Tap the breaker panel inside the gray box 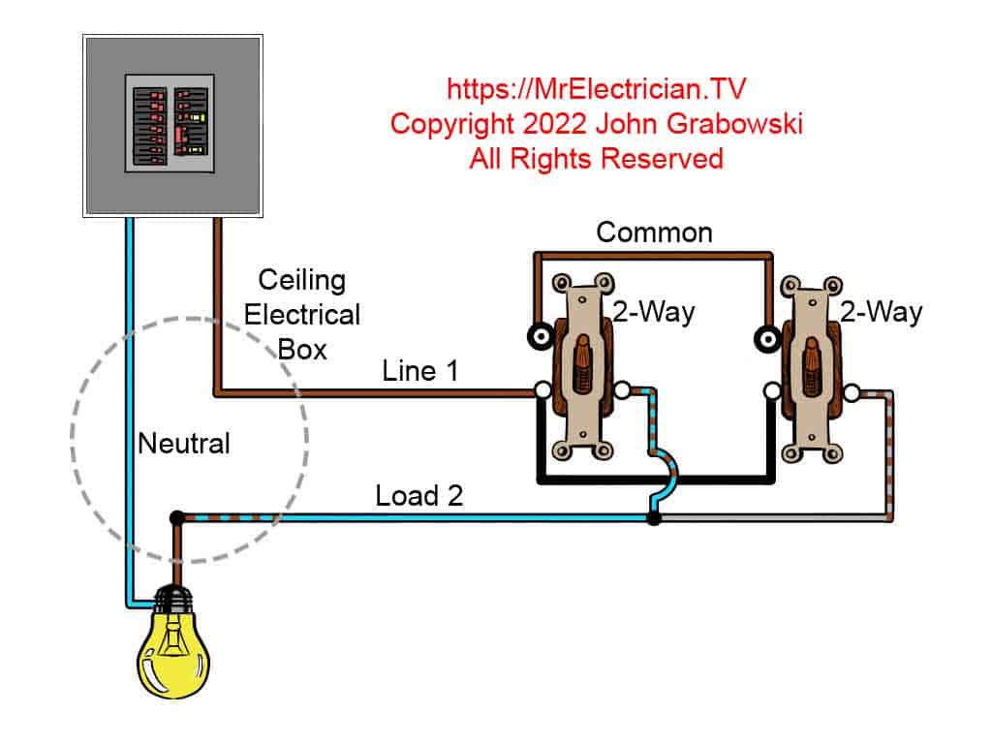tap(170, 123)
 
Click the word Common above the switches tap(654, 232)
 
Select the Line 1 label tap(419, 371)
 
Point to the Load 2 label tap(418, 495)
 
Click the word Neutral tap(183, 443)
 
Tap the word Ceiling tap(302, 281)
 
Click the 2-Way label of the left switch tap(654, 312)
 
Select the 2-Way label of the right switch tap(881, 312)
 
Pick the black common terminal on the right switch tap(768, 339)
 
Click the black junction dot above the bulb tap(177, 517)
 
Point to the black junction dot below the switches tap(654, 519)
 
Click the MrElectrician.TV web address tap(596, 88)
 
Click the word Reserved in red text tap(662, 158)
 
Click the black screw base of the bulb tap(174, 598)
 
